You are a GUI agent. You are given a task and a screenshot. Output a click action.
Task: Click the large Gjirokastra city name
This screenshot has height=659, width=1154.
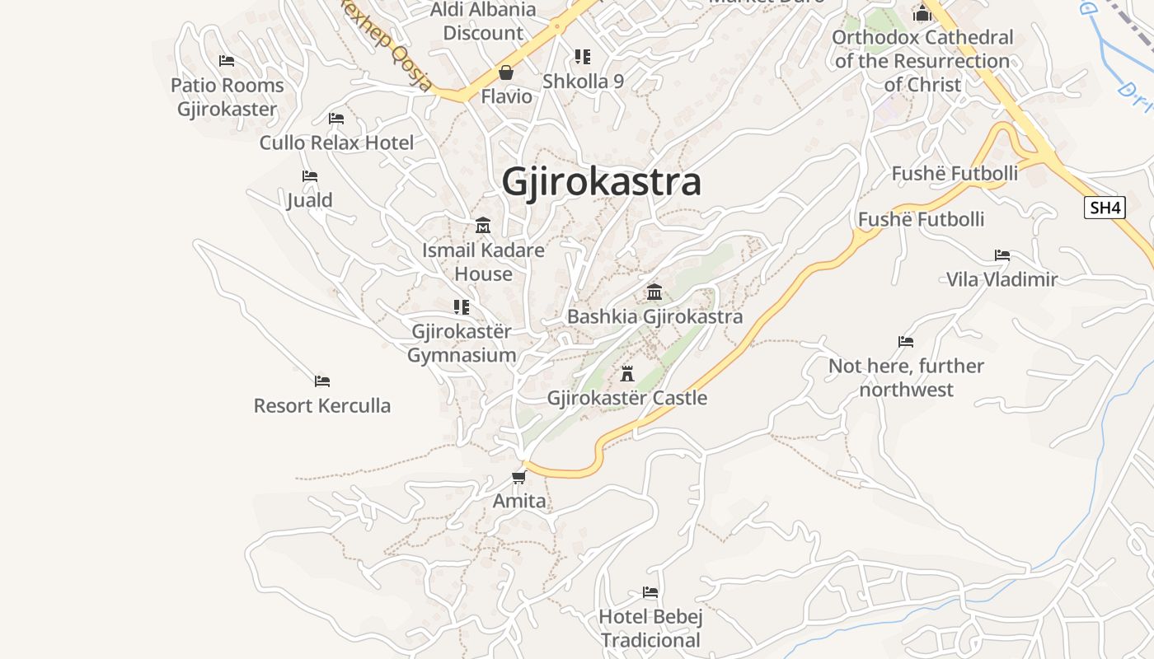[x=602, y=182]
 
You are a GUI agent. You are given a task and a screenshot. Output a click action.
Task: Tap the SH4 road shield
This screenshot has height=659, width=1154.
[x=1105, y=208]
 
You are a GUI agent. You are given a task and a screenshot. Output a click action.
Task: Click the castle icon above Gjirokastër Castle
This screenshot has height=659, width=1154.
[x=627, y=374]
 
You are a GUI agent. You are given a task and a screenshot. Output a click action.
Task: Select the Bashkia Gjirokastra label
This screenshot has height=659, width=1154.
[x=654, y=316]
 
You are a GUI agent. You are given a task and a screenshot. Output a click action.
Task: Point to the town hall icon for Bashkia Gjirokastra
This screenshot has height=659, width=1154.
[x=654, y=292]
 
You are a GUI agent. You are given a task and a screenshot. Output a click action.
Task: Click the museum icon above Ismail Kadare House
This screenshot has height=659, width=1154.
[x=483, y=225]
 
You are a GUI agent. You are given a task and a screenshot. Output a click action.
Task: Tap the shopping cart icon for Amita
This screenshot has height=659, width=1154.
[x=518, y=477]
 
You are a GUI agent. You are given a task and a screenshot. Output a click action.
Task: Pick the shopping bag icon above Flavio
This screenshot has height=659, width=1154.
[x=506, y=72]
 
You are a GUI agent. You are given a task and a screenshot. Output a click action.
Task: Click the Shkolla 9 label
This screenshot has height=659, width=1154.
[x=583, y=82]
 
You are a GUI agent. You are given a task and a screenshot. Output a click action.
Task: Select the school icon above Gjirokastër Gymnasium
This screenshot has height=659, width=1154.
[x=462, y=307]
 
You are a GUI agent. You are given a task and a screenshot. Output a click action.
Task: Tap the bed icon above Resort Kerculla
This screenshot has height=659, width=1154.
[x=322, y=381]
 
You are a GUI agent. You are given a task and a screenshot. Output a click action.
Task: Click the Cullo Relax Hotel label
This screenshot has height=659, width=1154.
[x=336, y=143]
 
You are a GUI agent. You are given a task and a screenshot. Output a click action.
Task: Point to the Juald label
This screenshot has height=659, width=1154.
[x=310, y=200]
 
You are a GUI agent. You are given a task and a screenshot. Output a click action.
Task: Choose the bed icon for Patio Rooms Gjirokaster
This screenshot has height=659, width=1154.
[x=227, y=61]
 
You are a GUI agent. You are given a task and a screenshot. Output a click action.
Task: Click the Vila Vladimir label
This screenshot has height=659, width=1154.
[x=1002, y=279]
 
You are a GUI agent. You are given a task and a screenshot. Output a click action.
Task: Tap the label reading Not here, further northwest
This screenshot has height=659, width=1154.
[x=906, y=377]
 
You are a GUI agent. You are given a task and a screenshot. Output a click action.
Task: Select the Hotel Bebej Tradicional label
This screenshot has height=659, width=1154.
[x=650, y=628]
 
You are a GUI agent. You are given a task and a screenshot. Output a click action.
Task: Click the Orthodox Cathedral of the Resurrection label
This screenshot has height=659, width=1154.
[x=922, y=61]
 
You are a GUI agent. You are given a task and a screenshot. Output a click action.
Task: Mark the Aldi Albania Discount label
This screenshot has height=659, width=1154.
[x=483, y=21]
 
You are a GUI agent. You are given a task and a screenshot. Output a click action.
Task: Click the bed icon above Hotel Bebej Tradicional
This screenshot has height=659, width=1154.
[x=650, y=592]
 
